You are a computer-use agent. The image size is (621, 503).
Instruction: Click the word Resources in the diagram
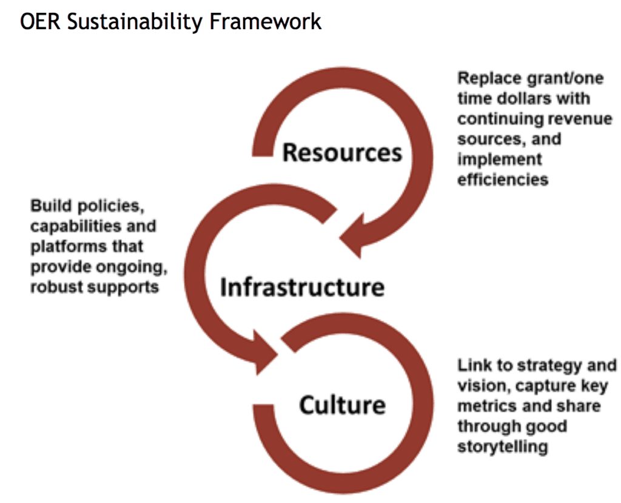click(x=342, y=152)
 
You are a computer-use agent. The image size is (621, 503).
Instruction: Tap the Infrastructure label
click(x=301, y=287)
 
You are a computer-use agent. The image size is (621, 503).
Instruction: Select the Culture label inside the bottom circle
click(x=342, y=405)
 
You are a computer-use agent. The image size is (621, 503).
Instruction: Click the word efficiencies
click(x=503, y=180)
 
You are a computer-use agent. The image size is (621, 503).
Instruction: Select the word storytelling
click(x=503, y=447)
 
